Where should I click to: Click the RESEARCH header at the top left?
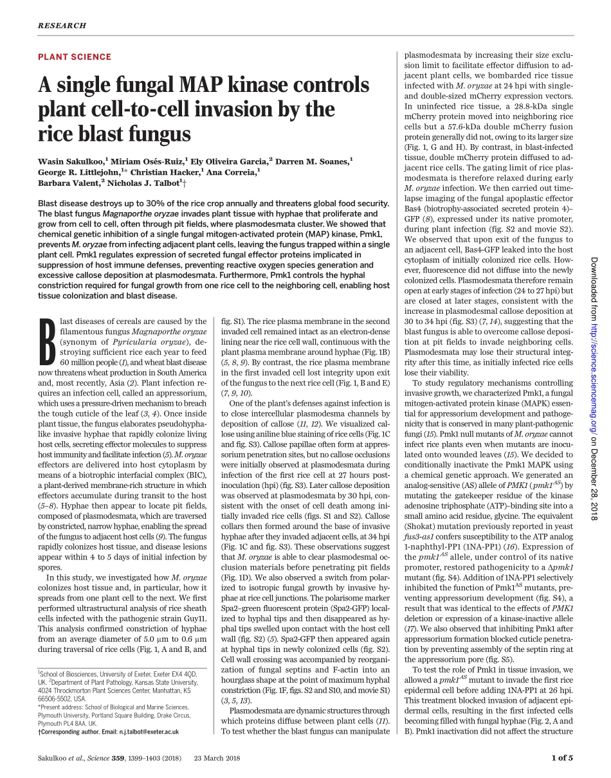[x=62, y=26]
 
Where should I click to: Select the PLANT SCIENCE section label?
[x=75, y=57]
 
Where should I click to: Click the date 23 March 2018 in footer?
[x=217, y=758]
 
